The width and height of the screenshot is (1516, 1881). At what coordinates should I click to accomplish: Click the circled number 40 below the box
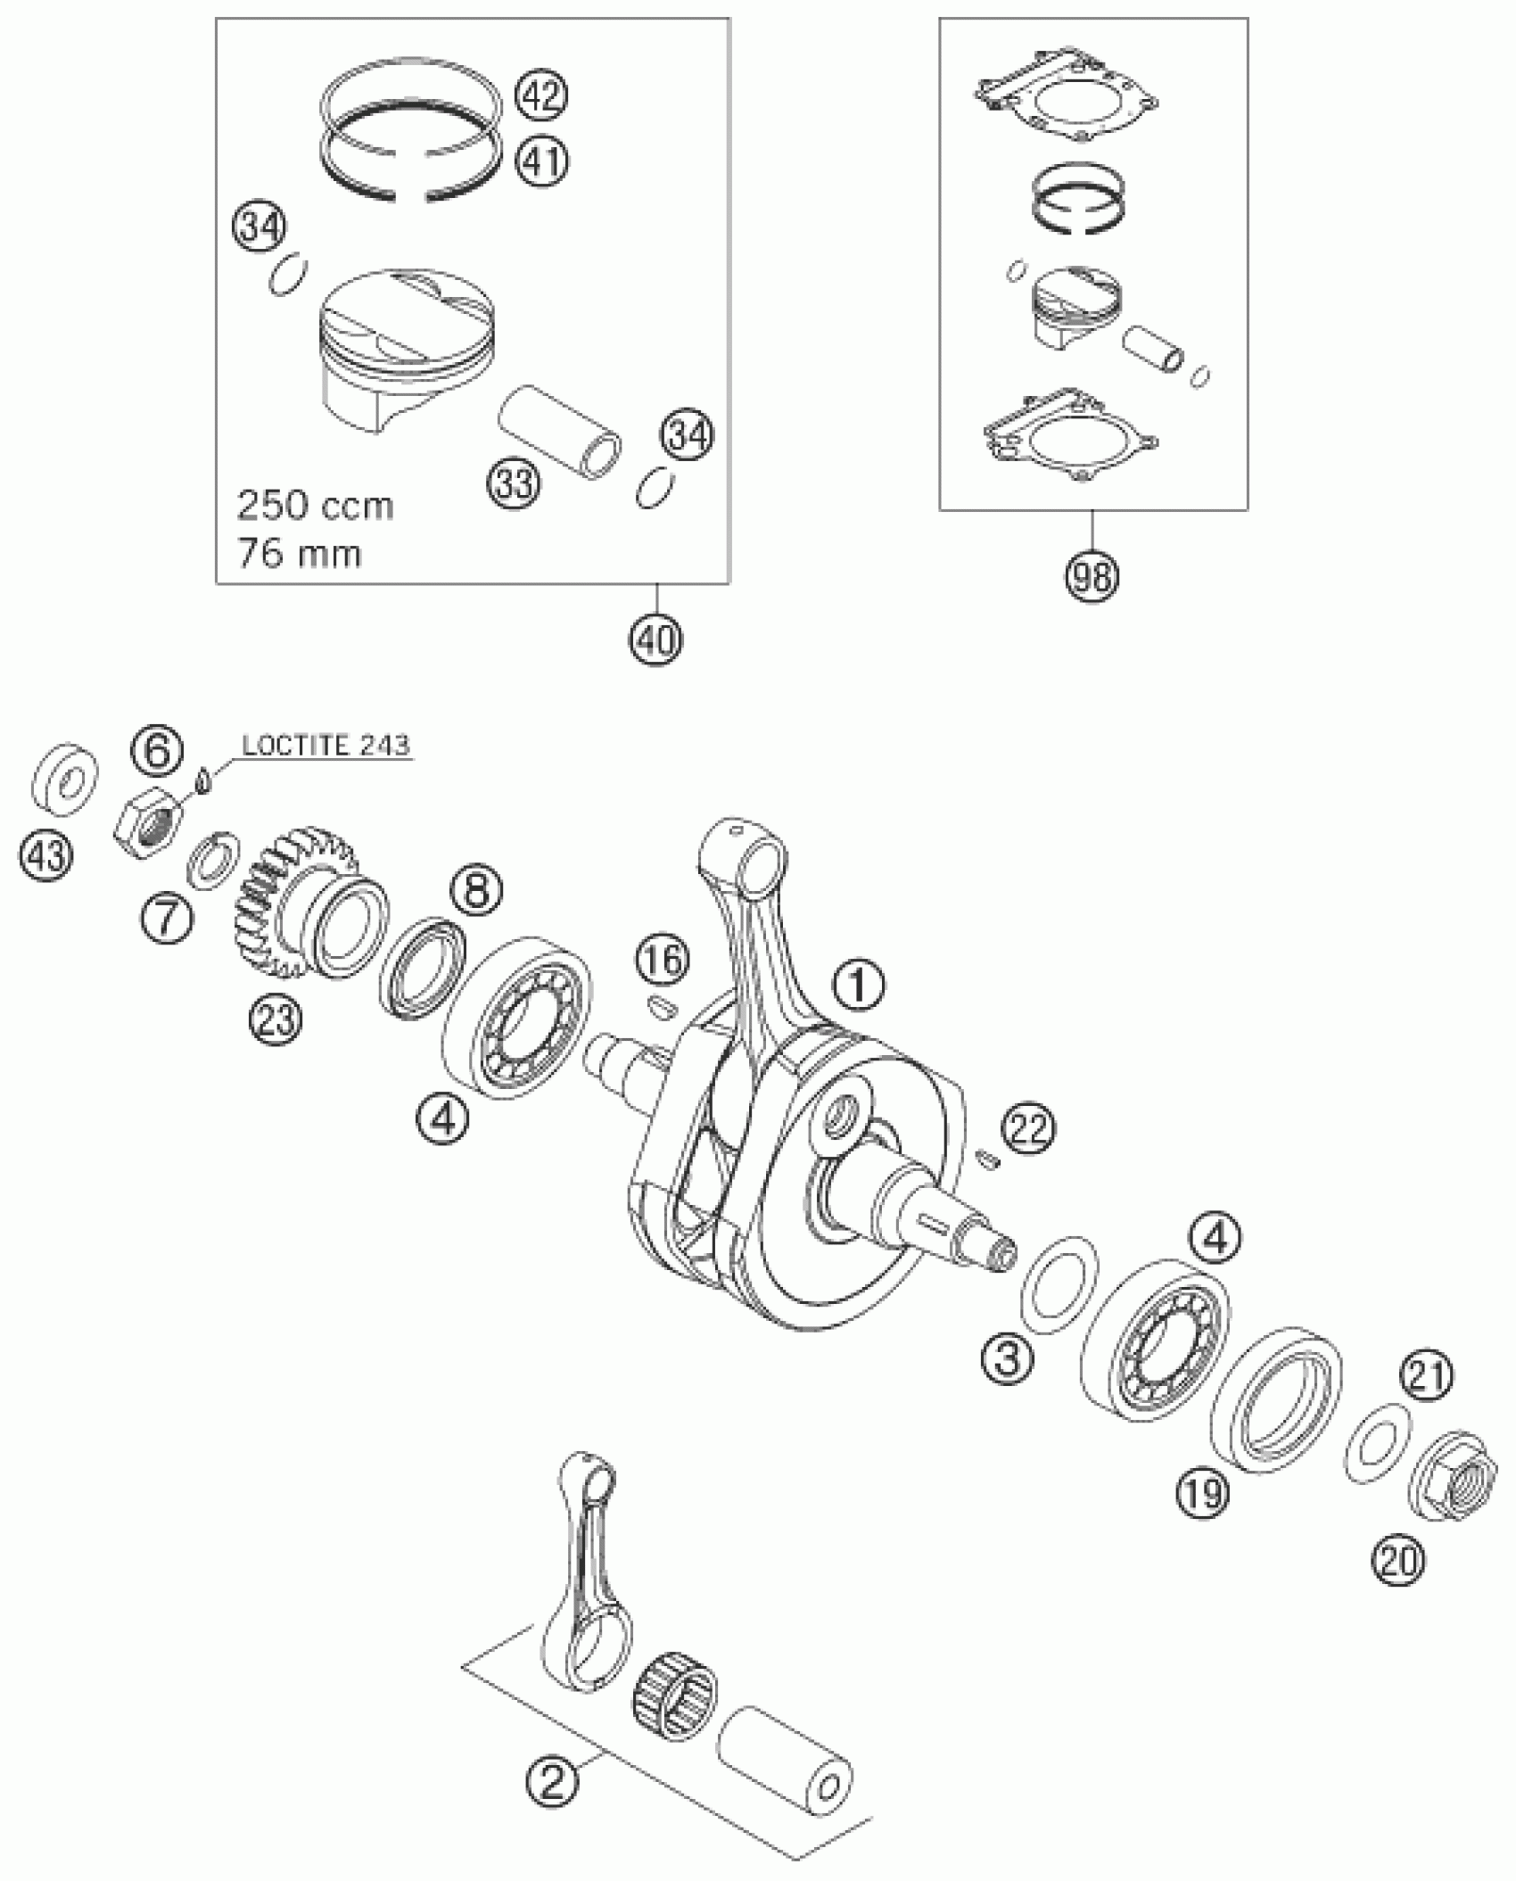click(x=655, y=639)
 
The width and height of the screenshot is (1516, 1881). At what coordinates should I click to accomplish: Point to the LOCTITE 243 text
click(x=326, y=746)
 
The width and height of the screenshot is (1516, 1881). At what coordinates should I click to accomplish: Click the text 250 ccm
click(x=316, y=507)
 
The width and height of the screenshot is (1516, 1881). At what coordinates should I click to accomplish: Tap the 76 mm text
click(x=299, y=555)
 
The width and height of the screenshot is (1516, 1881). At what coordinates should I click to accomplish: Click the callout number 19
click(x=1201, y=1489)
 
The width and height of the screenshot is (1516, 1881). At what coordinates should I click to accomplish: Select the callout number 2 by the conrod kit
click(x=551, y=1782)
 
